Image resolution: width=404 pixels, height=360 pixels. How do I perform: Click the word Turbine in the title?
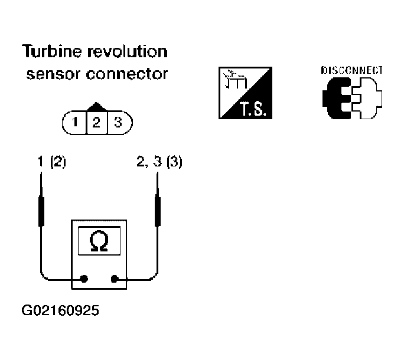(x=51, y=51)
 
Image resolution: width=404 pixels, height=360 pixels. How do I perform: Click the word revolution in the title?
(x=128, y=51)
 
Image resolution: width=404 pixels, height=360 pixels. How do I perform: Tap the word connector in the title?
(x=127, y=74)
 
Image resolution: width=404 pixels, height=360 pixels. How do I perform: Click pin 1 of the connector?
(x=75, y=122)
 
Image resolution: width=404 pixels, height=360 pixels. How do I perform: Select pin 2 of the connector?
(x=96, y=123)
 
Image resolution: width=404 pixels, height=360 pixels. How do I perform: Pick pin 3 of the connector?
(x=118, y=122)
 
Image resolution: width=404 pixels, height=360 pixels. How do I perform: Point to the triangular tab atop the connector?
(x=97, y=107)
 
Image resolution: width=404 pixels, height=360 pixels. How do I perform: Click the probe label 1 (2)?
(x=52, y=162)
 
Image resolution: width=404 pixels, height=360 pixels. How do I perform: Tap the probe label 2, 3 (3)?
(x=159, y=162)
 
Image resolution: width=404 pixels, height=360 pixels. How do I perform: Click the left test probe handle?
(x=41, y=211)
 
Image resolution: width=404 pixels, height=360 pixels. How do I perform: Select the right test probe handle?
(x=158, y=211)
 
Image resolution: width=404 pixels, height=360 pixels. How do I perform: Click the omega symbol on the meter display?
(x=99, y=241)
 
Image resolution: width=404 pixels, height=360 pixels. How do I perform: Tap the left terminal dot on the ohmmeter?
(x=84, y=279)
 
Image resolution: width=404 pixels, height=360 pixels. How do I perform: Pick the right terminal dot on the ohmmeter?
(x=115, y=279)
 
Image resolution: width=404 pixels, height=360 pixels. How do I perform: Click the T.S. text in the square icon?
(x=253, y=109)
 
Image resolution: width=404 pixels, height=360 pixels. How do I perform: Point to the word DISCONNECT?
(x=351, y=70)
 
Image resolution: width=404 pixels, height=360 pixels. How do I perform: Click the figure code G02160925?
(x=60, y=310)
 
